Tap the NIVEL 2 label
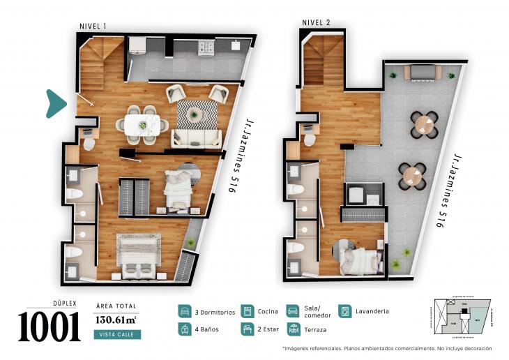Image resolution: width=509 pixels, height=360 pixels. [x=315, y=22]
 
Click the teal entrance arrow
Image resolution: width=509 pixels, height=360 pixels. [x=56, y=103]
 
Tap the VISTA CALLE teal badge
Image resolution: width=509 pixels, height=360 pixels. [x=116, y=335]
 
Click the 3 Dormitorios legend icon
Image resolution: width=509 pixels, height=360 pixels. [x=185, y=311]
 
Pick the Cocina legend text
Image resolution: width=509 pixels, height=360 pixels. [x=267, y=311]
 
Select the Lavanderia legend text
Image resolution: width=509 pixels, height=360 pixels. [x=371, y=311]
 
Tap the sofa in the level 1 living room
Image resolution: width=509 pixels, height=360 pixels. [x=196, y=136]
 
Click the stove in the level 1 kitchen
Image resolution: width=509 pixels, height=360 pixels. [x=206, y=47]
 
